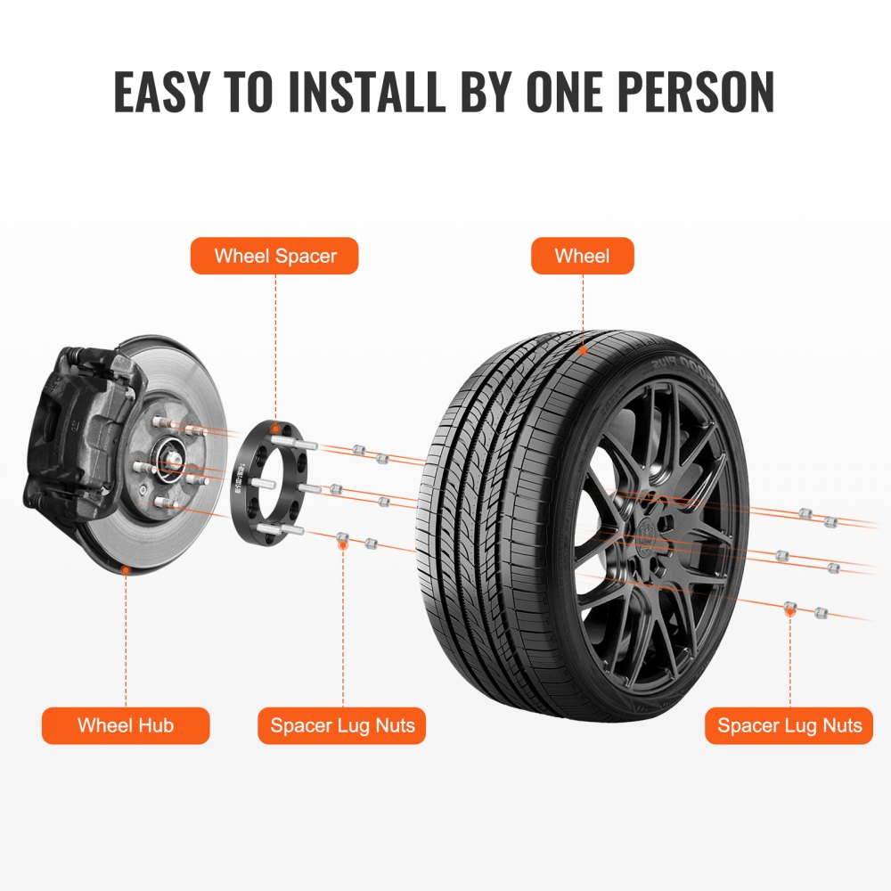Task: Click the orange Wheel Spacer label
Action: pyautogui.click(x=275, y=257)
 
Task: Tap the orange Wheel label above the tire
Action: pyautogui.click(x=582, y=257)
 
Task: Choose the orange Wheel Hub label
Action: pyautogui.click(x=126, y=725)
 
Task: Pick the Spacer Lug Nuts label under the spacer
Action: pyautogui.click(x=342, y=725)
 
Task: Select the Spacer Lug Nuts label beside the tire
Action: pyautogui.click(x=789, y=725)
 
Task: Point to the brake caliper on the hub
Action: pyautogui.click(x=80, y=428)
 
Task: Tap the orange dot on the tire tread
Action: pyautogui.click(x=584, y=350)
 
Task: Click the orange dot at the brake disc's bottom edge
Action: pyautogui.click(x=127, y=568)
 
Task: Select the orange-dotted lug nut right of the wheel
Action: pyautogui.click(x=789, y=608)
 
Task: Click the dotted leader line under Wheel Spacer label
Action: pyautogui.click(x=275, y=339)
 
